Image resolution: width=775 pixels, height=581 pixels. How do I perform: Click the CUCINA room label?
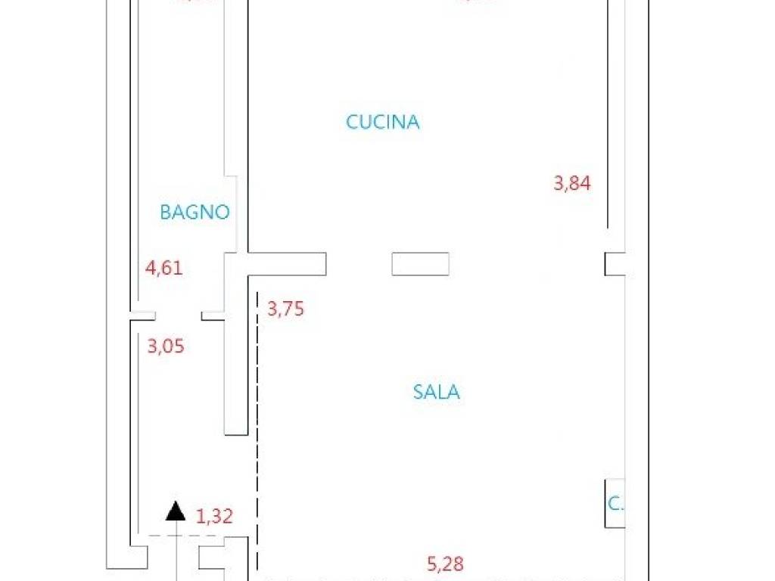click(x=383, y=122)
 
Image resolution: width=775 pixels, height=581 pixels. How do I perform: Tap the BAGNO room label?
click(x=195, y=213)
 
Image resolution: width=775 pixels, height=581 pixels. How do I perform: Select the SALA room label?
click(x=437, y=392)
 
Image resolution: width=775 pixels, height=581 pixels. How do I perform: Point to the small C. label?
click(x=615, y=504)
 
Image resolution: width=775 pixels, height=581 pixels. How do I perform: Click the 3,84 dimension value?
click(x=572, y=183)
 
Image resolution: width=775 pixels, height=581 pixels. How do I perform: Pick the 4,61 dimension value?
click(x=164, y=268)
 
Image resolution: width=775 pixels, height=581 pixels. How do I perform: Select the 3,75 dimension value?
click(x=286, y=309)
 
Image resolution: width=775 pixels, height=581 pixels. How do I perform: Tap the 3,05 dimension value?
click(x=166, y=346)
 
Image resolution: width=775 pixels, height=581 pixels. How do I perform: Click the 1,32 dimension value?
click(x=214, y=517)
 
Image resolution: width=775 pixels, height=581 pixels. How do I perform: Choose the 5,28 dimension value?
click(x=445, y=564)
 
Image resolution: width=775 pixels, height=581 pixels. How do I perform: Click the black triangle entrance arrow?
click(x=176, y=512)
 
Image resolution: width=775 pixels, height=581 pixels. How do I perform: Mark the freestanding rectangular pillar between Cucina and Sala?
click(x=420, y=264)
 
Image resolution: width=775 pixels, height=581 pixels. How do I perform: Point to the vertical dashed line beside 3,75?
click(x=257, y=424)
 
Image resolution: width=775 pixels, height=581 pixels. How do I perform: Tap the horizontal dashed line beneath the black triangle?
click(x=182, y=536)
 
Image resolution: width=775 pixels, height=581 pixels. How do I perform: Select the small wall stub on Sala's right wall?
click(x=615, y=264)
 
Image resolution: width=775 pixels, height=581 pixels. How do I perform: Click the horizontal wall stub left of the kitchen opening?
click(x=288, y=264)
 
